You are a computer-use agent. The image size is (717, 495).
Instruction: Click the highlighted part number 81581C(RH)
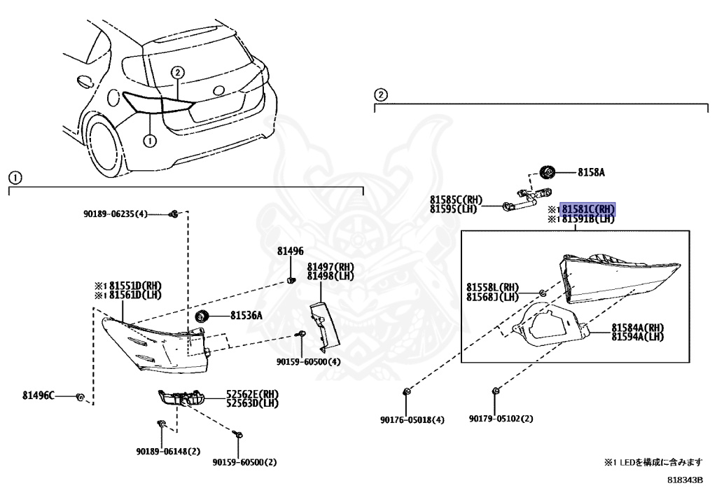[x=588, y=209]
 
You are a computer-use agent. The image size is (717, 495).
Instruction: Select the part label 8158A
[x=591, y=172]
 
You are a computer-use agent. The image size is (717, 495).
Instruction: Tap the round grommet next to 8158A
[x=548, y=172]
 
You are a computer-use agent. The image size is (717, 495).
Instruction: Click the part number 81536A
[x=246, y=316]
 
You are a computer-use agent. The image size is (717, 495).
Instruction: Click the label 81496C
[x=38, y=396]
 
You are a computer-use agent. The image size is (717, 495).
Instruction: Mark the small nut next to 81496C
[x=81, y=397]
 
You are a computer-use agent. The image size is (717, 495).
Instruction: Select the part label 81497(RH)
[x=330, y=267]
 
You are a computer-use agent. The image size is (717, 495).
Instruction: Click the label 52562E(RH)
[x=251, y=394]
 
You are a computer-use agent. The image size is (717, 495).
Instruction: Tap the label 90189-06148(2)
[x=169, y=452]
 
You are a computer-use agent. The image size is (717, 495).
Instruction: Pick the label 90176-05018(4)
[x=412, y=419]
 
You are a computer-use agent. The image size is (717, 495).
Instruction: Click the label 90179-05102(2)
[x=501, y=419]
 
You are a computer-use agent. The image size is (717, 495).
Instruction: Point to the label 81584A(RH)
[x=637, y=327]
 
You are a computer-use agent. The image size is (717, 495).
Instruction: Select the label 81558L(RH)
[x=493, y=287]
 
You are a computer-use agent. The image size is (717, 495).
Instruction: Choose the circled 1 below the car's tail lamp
[x=148, y=140]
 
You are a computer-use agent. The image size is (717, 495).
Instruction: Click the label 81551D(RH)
[x=128, y=286]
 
